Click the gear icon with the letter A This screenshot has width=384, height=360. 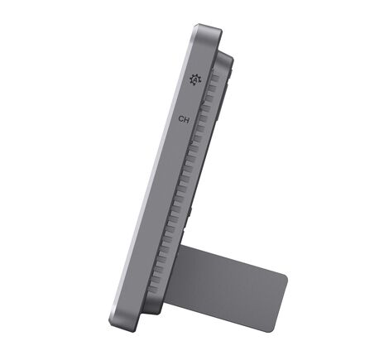[195, 79]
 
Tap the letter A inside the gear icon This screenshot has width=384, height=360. [195, 79]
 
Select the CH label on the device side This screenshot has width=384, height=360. [184, 120]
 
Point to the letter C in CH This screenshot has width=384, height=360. [181, 120]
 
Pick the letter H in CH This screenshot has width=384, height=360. [187, 120]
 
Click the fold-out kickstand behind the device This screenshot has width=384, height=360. [225, 287]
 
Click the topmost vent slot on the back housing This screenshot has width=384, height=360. [214, 79]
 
